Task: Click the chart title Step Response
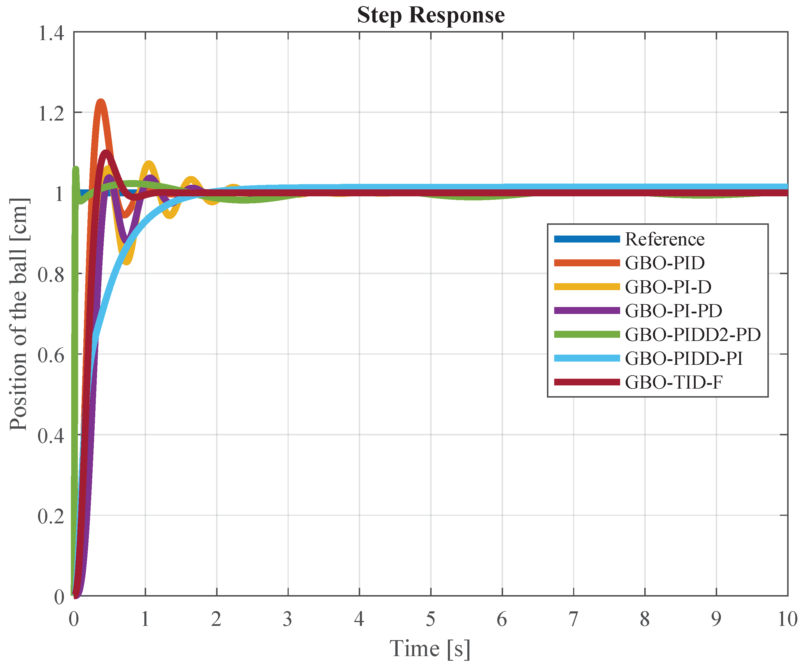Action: tap(431, 15)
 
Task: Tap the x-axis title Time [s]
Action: tap(430, 649)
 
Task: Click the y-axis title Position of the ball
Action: tap(18, 314)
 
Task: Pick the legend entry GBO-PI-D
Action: tap(668, 287)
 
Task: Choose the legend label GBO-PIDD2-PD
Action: tap(692, 335)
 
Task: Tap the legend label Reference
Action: tap(665, 239)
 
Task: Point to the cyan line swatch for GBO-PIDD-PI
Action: tap(586, 358)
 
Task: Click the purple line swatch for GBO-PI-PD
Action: tap(586, 310)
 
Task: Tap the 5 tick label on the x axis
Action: tap(431, 619)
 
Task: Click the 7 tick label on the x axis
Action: tap(573, 619)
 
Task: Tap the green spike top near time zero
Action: tap(76, 168)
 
